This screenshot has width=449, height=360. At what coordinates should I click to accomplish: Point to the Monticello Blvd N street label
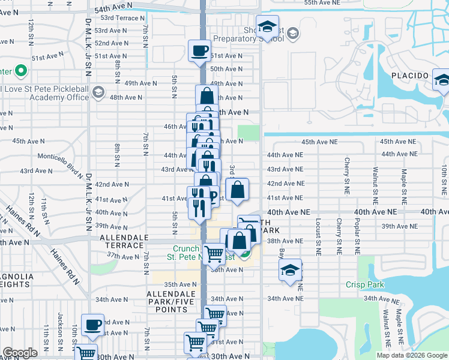click(60, 160)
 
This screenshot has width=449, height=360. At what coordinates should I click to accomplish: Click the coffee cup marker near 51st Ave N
click(199, 51)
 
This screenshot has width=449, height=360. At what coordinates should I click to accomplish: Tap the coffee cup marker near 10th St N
click(92, 325)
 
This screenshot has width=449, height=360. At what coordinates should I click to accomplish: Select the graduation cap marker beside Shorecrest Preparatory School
click(267, 27)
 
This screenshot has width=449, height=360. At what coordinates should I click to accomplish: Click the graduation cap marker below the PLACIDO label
click(441, 81)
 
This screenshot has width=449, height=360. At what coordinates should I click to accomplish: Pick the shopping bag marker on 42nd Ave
click(238, 190)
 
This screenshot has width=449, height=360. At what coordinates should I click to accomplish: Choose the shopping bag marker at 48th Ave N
click(206, 95)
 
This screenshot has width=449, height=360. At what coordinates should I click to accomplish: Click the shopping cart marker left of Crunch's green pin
click(214, 254)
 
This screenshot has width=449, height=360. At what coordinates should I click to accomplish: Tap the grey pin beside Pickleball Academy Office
click(98, 94)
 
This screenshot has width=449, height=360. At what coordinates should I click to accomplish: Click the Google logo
click(20, 353)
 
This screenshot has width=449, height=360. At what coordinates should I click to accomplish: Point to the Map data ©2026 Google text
click(411, 355)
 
